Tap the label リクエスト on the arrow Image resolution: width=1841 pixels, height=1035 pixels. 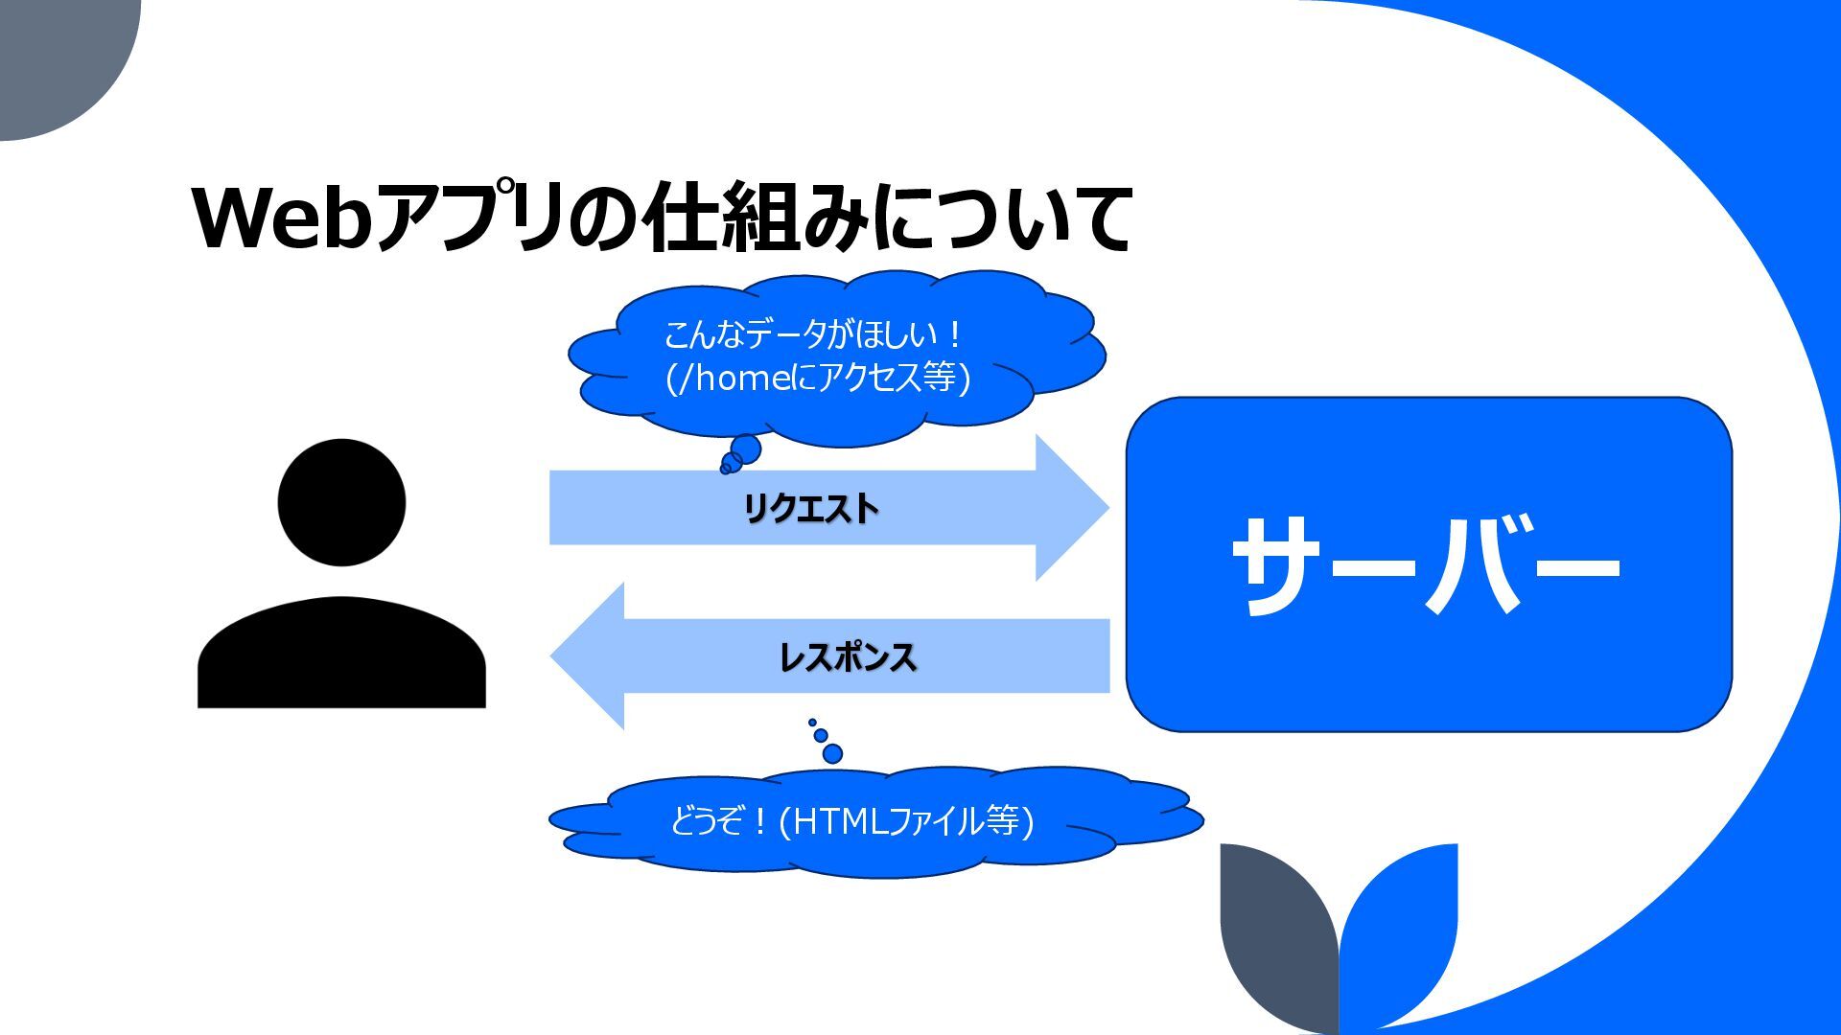pyautogui.click(x=810, y=508)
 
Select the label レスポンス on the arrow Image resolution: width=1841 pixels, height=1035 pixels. pyautogui.click(x=848, y=657)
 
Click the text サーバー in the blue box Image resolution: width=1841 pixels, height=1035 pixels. pyautogui.click(x=1427, y=565)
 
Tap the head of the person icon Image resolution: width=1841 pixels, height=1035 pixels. pyautogui.click(x=341, y=502)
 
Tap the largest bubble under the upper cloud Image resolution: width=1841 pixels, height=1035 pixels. pyautogui.click(x=745, y=448)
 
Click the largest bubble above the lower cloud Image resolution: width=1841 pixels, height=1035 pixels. pyautogui.click(x=832, y=753)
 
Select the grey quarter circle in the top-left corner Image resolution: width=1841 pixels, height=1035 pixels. pyautogui.click(x=58, y=57)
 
